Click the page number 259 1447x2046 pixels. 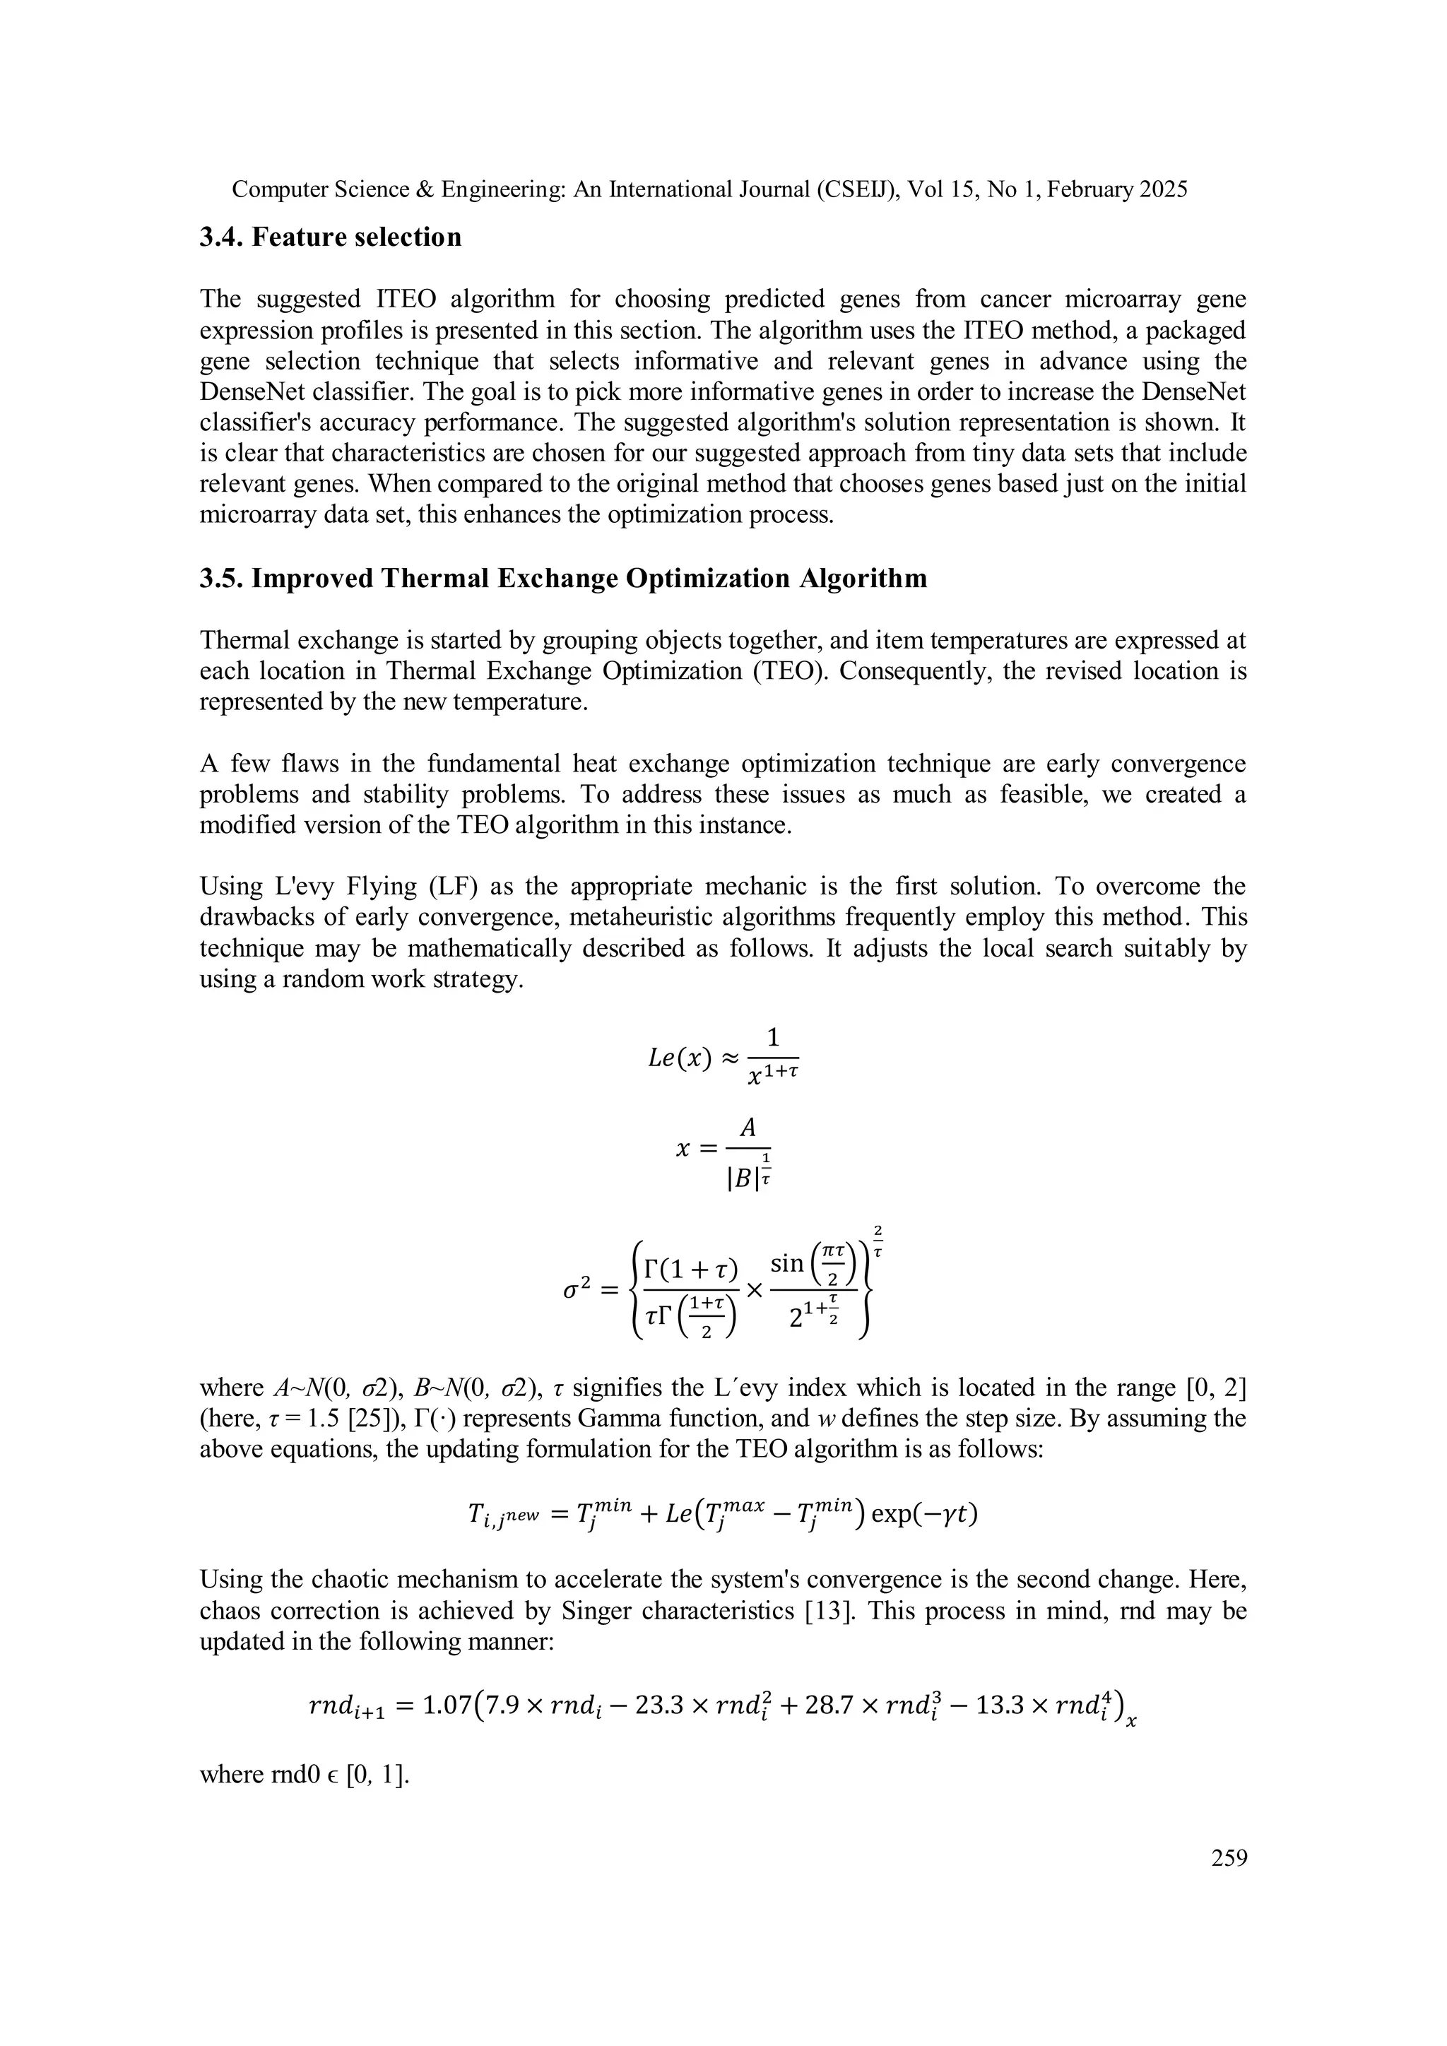(1229, 1858)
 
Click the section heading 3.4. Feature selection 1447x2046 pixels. (331, 237)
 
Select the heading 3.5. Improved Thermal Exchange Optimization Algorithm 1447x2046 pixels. (563, 579)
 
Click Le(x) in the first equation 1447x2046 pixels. (679, 1058)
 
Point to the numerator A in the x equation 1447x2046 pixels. (748, 1128)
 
